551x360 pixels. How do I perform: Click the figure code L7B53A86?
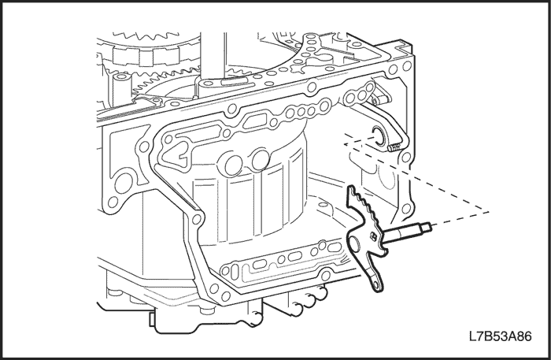(501, 336)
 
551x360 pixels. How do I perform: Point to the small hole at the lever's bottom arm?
(375, 284)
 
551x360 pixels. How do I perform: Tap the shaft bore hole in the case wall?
(379, 135)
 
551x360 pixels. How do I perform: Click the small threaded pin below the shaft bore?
(394, 148)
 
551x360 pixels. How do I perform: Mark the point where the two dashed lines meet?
(489, 212)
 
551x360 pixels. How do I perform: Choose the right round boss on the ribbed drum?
(261, 159)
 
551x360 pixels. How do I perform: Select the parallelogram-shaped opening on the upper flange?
(252, 121)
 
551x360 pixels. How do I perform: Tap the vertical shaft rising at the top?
(213, 56)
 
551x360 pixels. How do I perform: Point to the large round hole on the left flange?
(124, 184)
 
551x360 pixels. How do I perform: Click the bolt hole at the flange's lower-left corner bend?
(197, 219)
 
